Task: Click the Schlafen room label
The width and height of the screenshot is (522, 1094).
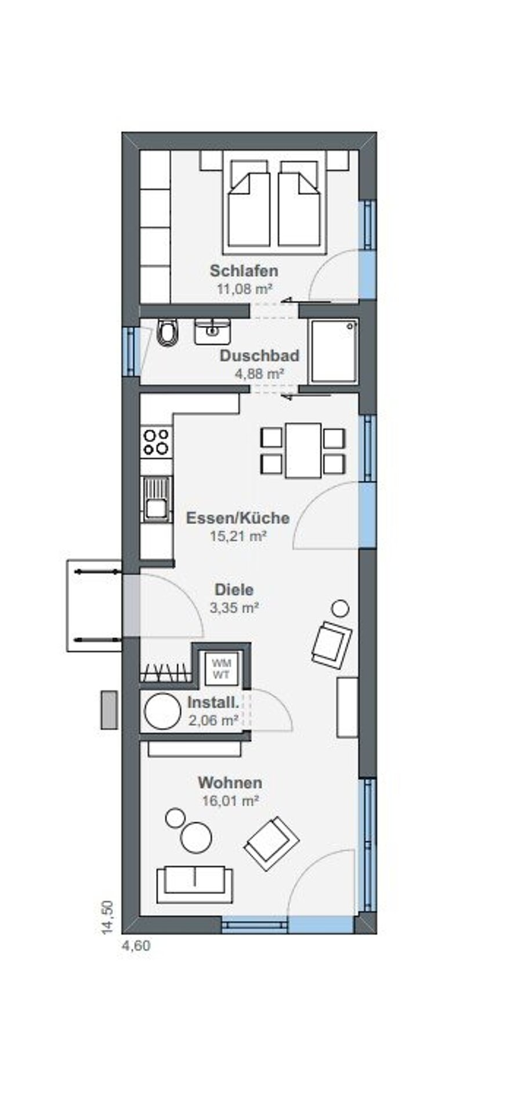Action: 244,271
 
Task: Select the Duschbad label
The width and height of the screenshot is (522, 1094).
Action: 259,356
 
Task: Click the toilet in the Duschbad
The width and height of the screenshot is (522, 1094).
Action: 166,333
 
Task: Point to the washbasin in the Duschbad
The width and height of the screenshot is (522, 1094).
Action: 212,331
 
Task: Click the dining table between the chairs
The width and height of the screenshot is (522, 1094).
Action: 303,450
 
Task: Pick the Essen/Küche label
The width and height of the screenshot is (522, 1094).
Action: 238,518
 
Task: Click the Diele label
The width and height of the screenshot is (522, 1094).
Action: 234,590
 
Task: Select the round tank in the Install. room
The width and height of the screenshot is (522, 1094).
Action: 162,711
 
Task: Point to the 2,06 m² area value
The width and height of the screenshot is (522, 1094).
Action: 213,720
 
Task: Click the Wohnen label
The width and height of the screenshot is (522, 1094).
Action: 230,783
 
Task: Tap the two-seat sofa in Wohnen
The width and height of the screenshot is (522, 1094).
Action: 194,885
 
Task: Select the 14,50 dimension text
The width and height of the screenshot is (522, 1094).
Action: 107,917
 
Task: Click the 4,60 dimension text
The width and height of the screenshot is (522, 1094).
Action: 136,946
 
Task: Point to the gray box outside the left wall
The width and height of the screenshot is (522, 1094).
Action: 110,710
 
